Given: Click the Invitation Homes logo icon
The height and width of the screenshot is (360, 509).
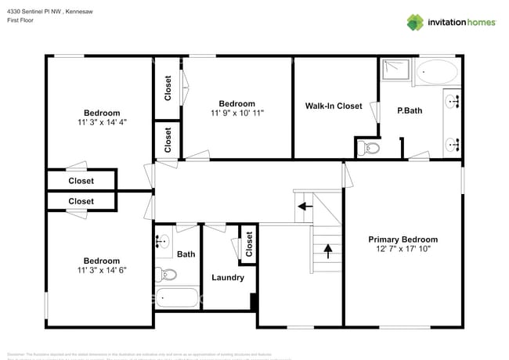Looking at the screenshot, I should pyautogui.click(x=414, y=22).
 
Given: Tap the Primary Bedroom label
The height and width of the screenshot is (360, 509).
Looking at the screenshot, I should pyautogui.click(x=403, y=239).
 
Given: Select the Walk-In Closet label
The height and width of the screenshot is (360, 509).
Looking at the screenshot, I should pyautogui.click(x=334, y=106).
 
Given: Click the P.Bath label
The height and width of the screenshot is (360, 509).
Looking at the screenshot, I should pyautogui.click(x=410, y=110).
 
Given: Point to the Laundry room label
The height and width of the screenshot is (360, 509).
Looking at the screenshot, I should pyautogui.click(x=228, y=277).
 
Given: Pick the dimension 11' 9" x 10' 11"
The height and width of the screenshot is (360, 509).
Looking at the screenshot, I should pyautogui.click(x=237, y=113).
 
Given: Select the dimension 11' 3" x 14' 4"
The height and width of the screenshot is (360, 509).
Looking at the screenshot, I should pyautogui.click(x=103, y=122).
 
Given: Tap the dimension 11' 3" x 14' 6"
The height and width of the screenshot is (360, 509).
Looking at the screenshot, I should pyautogui.click(x=102, y=270).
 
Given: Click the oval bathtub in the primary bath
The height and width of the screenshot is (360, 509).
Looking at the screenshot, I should pyautogui.click(x=435, y=74).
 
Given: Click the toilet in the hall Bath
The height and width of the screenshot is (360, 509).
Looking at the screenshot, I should pyautogui.click(x=167, y=274).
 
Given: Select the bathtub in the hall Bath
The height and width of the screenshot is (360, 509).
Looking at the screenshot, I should pyautogui.click(x=178, y=297).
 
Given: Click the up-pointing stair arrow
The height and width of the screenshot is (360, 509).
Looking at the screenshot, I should pyautogui.click(x=327, y=251).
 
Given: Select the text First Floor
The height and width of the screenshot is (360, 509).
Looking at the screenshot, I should pyautogui.click(x=21, y=20).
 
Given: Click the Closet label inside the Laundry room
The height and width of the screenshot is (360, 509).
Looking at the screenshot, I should pyautogui.click(x=248, y=244).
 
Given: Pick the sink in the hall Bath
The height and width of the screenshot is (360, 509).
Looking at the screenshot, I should pyautogui.click(x=163, y=242).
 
